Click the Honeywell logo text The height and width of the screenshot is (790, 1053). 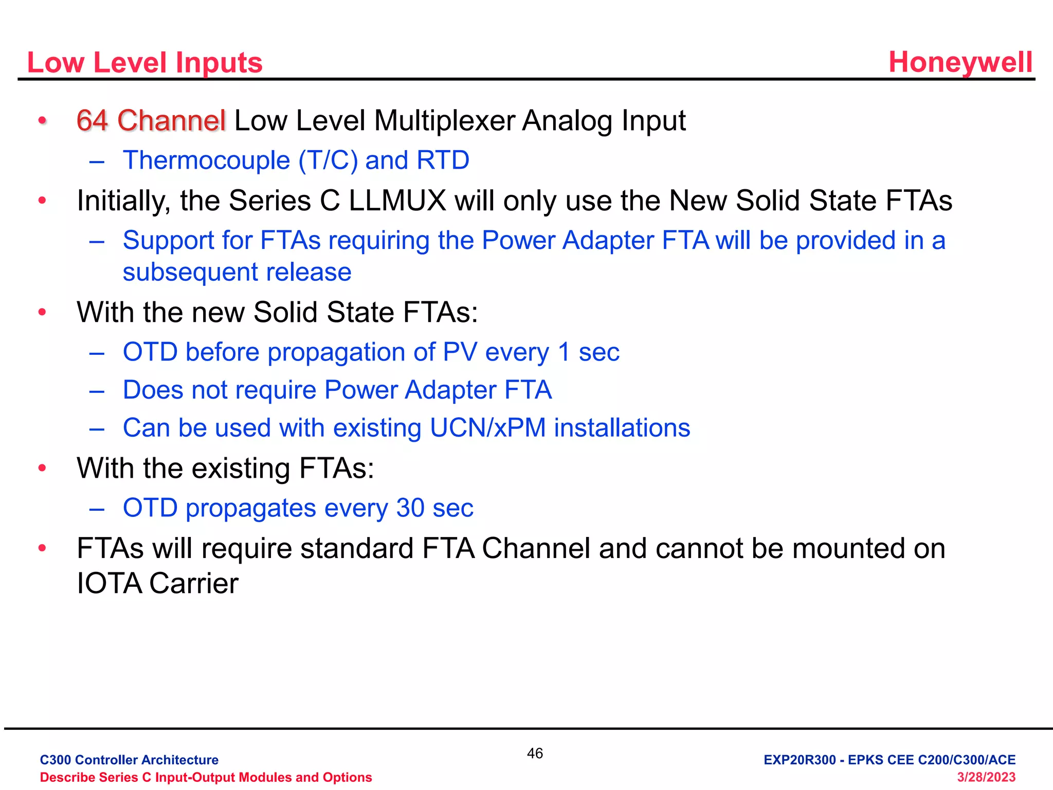pos(960,63)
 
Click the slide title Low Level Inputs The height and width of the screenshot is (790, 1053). pos(144,63)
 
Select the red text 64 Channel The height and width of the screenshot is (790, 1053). pos(151,121)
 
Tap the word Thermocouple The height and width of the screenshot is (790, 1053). pos(206,160)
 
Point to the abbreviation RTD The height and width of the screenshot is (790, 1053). pos(443,160)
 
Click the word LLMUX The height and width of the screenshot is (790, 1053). pos(397,201)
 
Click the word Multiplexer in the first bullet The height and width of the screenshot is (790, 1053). pos(444,121)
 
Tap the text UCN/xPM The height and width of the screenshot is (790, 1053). pos(488,428)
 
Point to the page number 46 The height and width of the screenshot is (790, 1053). pos(535,753)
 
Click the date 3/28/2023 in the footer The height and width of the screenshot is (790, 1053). pos(986,777)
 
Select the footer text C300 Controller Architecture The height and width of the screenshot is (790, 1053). pos(129,760)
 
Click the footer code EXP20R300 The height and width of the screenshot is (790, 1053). pos(800,760)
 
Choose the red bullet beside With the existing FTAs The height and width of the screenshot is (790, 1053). pos(42,468)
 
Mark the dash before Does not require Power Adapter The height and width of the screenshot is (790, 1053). pos(97,391)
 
